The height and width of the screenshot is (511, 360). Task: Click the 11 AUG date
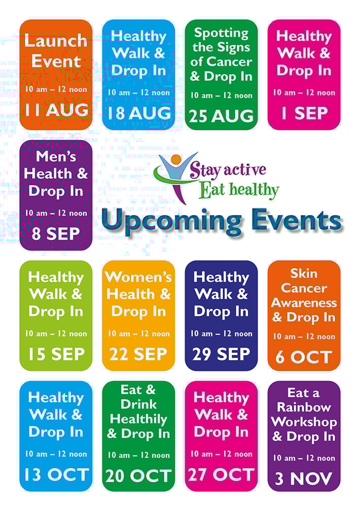tap(56, 110)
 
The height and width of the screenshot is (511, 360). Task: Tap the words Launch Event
tap(56, 51)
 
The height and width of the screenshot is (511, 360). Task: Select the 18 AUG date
tap(138, 113)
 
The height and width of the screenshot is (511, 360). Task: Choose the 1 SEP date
tap(304, 113)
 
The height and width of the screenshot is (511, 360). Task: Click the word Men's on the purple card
tap(56, 156)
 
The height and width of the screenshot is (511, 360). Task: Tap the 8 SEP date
tap(56, 233)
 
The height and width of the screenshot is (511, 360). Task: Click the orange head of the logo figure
tap(176, 159)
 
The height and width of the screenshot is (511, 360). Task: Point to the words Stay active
tap(228, 170)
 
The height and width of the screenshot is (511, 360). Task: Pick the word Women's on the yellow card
tap(138, 277)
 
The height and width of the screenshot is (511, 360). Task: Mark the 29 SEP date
tap(222, 354)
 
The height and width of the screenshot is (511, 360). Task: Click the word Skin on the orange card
tap(304, 274)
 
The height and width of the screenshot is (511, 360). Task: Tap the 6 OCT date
tap(304, 357)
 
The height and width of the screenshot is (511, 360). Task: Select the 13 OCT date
tap(56, 475)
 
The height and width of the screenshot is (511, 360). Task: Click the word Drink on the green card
tap(138, 404)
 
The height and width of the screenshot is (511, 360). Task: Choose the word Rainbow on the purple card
tap(304, 407)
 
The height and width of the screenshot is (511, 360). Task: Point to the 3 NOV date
tap(304, 479)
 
